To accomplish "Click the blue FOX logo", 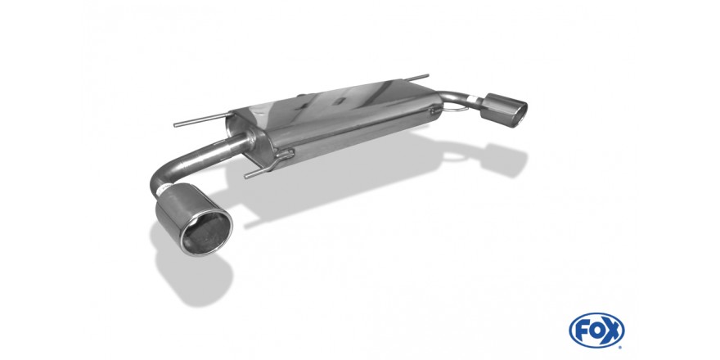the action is (x=596, y=331).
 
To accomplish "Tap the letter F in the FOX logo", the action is (x=582, y=331).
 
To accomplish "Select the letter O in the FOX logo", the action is (x=596, y=331).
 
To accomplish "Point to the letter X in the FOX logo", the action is (x=611, y=331).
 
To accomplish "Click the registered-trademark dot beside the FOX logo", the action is (x=621, y=347).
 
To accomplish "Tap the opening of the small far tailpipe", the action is (x=516, y=112).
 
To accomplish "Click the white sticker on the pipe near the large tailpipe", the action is (x=162, y=189).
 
